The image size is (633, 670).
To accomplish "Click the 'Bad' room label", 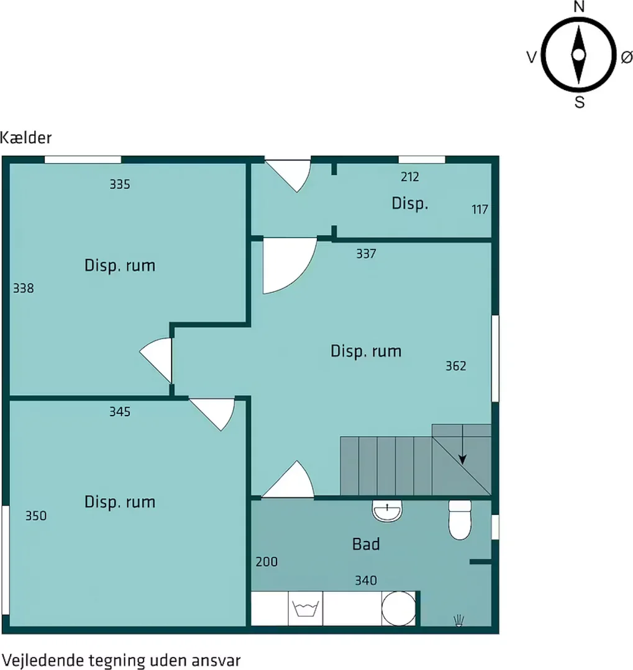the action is point(366,544).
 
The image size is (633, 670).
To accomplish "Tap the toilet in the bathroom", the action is point(460,520).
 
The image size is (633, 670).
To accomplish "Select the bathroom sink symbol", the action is point(387,511).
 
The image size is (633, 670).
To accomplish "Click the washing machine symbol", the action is point(305,608).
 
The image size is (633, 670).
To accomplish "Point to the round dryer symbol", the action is point(398,609).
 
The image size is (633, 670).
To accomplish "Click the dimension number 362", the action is point(456,366).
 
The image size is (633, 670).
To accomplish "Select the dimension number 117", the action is point(480,210).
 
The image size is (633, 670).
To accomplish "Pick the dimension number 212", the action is point(409,177).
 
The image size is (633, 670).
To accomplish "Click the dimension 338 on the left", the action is point(23,288).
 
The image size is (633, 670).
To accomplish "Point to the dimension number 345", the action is point(120,411).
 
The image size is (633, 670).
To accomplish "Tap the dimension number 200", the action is point(266,562).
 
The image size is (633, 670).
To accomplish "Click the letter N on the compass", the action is point(578,7).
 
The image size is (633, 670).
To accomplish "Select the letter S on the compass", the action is point(579,102).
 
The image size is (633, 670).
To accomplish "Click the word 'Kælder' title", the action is point(25,138).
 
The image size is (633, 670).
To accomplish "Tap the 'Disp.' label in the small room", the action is point(409,203).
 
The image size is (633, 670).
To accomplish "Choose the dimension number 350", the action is point(36,516).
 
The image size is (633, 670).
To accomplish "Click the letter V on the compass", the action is point(531,57).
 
